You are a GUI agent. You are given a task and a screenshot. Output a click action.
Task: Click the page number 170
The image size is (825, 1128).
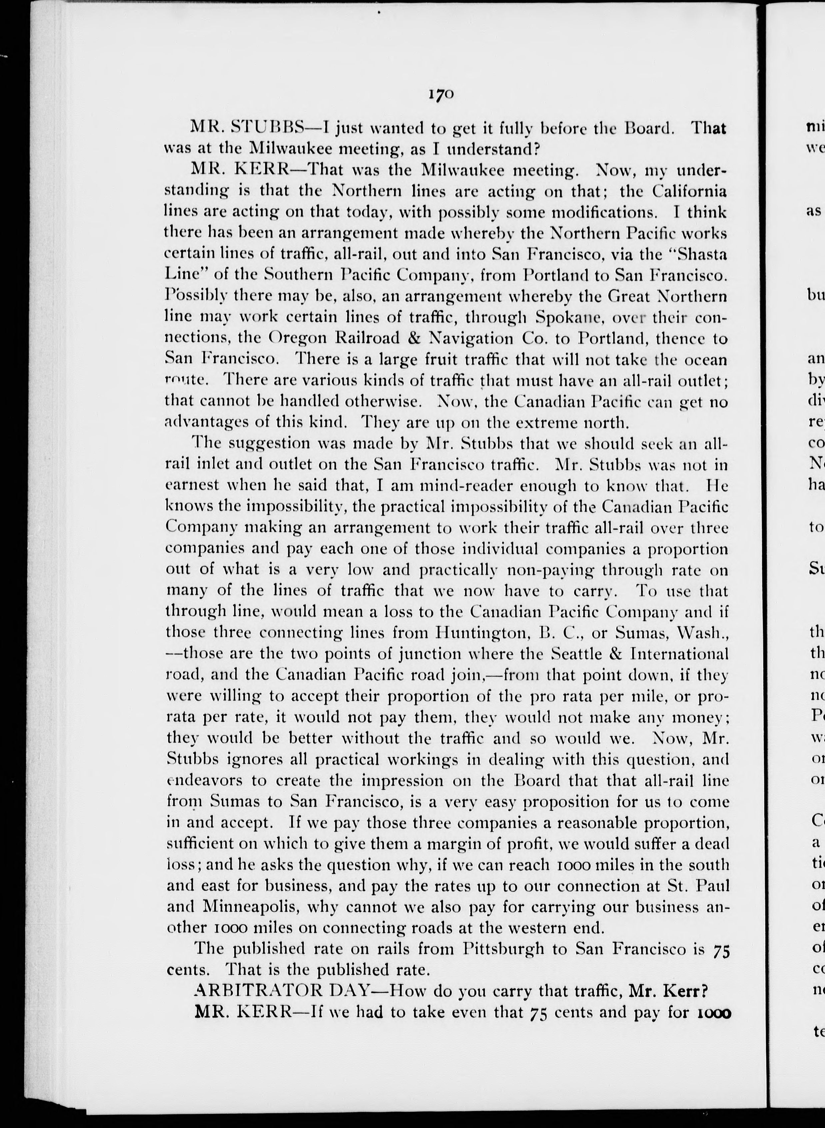coord(440,95)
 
